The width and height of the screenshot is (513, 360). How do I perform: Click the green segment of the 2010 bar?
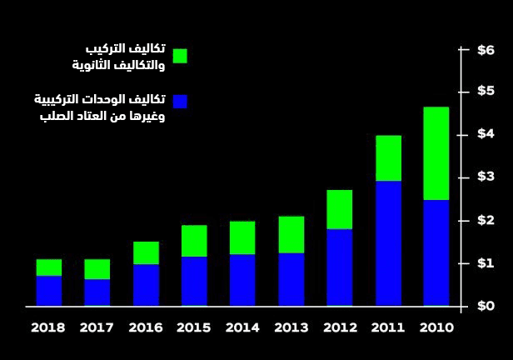coord(436,153)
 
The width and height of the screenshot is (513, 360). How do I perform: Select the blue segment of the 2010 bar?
coord(436,252)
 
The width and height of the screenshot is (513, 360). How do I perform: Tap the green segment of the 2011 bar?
coord(388,158)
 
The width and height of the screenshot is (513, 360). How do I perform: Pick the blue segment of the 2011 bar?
coord(388,243)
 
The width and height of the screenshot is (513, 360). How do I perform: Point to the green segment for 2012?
coord(339,209)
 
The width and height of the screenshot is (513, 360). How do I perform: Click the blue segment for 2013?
coord(291,279)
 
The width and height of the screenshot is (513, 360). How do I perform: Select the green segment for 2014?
coord(242,237)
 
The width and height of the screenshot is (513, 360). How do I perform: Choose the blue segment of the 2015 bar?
coord(194,281)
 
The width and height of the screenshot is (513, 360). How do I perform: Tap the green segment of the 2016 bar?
coord(146,252)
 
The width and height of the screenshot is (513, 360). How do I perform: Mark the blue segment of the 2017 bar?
coord(97,292)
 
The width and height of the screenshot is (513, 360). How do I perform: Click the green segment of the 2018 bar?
coord(49,267)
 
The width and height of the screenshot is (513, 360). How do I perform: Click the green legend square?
coord(180,56)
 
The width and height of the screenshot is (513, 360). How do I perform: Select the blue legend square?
coord(180,101)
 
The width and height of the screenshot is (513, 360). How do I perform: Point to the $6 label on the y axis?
coord(486,50)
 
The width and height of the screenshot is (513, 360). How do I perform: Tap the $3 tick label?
coord(486,177)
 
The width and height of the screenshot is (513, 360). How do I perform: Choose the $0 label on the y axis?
coord(486,306)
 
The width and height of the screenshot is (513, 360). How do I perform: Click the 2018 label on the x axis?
coord(48,327)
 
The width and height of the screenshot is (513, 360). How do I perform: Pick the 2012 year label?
coord(339,327)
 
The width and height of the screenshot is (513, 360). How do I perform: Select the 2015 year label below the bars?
coord(194,327)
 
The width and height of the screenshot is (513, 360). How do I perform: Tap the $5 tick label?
coord(486,92)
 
